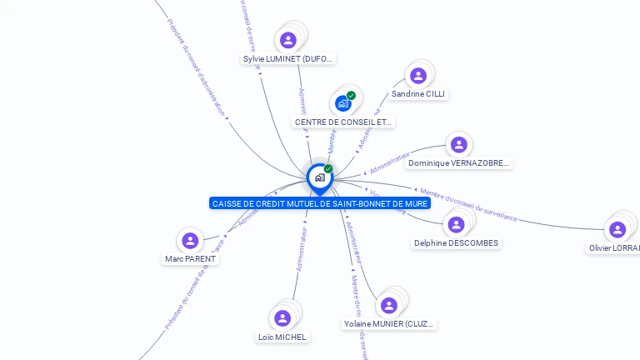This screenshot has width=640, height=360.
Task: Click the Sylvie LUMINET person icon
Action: pos(288,40)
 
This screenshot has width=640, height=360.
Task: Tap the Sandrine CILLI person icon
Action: pos(418,76)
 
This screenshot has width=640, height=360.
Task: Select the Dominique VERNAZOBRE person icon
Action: pos(458,145)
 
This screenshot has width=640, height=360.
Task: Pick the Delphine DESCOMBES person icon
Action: pos(456,224)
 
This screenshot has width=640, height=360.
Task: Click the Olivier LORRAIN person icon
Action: pos(617,229)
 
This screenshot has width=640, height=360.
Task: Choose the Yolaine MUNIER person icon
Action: pos(388,305)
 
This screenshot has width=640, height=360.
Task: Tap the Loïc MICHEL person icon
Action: pos(282,317)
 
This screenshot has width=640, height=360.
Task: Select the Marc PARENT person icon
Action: pos(190,241)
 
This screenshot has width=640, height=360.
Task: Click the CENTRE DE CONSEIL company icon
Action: pos(342,103)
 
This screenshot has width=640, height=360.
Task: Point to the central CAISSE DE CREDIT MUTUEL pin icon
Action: pos(319,177)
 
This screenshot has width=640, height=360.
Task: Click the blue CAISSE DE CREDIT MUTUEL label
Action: pos(320,203)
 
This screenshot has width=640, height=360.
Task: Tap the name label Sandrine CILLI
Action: pos(418,94)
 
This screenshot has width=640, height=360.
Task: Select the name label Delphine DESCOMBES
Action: pos(456,243)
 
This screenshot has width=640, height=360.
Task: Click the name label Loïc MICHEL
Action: pos(282,337)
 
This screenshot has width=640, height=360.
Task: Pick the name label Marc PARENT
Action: pos(190,259)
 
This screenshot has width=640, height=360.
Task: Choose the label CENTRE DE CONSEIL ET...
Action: pos(342,122)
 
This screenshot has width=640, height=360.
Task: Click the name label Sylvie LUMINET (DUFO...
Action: pos(288,59)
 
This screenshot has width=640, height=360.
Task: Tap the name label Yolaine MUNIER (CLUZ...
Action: pos(388,323)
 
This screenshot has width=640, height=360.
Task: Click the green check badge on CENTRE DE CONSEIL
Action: pos(352,95)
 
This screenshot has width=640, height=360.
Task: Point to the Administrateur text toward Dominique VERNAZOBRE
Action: pos(389,161)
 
